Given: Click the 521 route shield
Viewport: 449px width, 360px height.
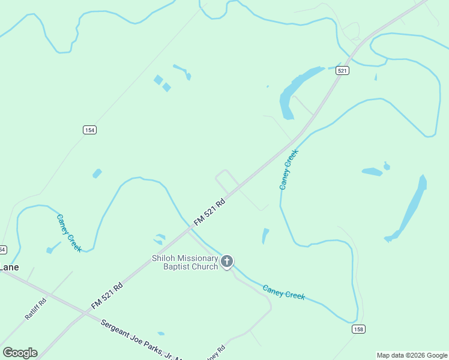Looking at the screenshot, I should [x=342, y=71].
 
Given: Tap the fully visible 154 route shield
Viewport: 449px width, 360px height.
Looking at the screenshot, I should [x=89, y=130].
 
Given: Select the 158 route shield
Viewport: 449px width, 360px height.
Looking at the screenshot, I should [x=358, y=329].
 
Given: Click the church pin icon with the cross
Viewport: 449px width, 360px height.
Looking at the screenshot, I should [x=227, y=261].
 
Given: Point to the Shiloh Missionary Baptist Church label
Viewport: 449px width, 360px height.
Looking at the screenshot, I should [x=184, y=262].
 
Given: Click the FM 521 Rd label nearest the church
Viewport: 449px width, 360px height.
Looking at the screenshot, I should [x=209, y=213].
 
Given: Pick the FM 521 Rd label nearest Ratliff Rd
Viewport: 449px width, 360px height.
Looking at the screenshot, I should [x=107, y=296].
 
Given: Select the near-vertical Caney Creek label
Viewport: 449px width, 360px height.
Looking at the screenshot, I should [x=289, y=169].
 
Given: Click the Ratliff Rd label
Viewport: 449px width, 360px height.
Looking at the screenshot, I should [x=35, y=308].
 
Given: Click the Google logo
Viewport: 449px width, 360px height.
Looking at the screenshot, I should [x=20, y=353].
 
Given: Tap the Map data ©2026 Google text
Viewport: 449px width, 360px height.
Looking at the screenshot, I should [x=412, y=355].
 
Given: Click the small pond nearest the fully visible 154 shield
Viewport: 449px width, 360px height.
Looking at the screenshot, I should [x=97, y=173].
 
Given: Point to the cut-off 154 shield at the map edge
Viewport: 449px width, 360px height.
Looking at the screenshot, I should [x=2, y=249].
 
